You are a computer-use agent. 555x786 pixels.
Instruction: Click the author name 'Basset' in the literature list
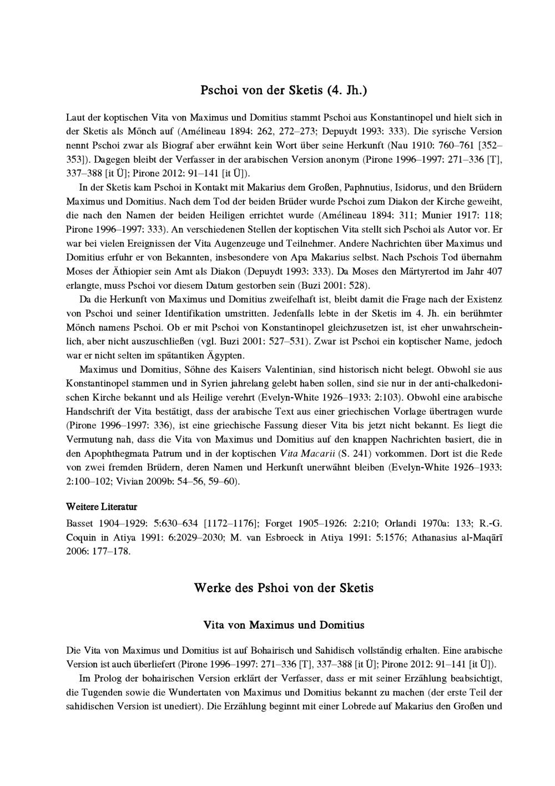tap(81, 523)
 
